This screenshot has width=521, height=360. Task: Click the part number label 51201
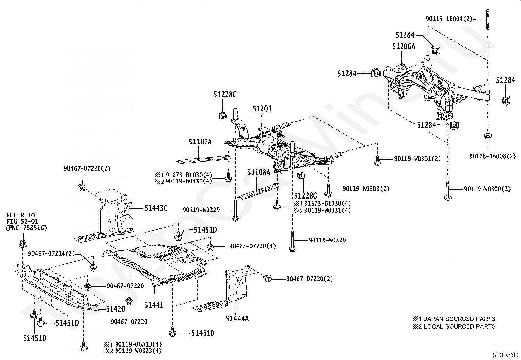click(262, 108)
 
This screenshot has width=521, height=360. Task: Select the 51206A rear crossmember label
click(404, 47)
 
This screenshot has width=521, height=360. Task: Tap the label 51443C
click(156, 208)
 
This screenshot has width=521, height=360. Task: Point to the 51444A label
click(237, 318)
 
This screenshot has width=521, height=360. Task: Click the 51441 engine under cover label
click(153, 305)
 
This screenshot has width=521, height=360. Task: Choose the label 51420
click(116, 309)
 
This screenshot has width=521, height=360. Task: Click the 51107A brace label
click(200, 142)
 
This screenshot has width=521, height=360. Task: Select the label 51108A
click(259, 172)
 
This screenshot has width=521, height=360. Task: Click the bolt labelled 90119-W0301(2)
click(377, 159)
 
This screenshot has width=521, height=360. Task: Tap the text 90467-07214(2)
click(51, 253)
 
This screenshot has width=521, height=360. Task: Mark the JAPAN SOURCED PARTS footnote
click(454, 319)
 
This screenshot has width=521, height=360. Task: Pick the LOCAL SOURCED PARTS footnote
click(454, 326)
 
